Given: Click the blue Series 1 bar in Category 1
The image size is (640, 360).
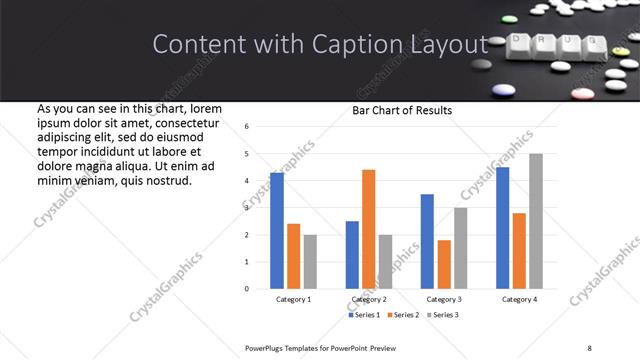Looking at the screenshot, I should (x=277, y=231).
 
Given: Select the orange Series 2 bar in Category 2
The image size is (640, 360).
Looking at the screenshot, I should (x=368, y=229).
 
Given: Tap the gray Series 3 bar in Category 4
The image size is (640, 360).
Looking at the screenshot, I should (x=536, y=221).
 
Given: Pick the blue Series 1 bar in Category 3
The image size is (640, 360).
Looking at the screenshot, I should (x=427, y=241).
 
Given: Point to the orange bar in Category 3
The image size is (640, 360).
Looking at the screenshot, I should (x=444, y=264).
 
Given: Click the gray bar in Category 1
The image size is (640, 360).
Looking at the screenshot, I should (x=310, y=262).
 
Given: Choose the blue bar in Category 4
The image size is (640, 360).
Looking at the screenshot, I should (x=503, y=228).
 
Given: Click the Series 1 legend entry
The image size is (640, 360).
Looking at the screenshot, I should (x=364, y=315).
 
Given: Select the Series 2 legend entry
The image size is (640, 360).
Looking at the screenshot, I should (x=404, y=315).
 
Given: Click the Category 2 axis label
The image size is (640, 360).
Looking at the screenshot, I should (x=368, y=299).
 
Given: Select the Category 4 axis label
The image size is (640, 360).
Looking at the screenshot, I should (x=519, y=299).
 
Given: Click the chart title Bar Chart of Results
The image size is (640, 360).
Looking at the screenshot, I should (x=402, y=110).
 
